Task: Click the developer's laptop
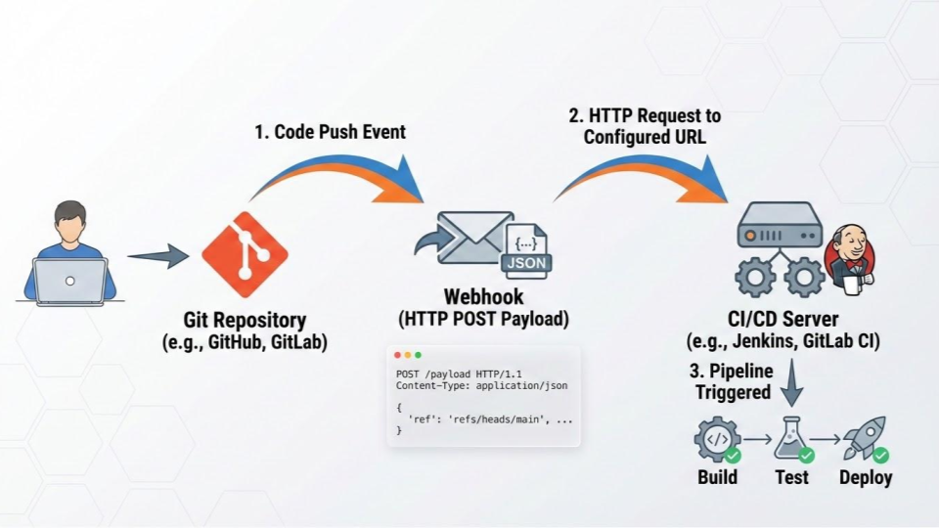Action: pos(69,281)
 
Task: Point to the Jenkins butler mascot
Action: pos(849,257)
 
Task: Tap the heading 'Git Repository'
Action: pos(245,320)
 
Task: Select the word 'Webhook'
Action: pos(483,296)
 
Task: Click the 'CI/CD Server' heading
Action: pos(782,319)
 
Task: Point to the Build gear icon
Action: pos(716,440)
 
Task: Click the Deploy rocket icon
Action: pos(865,438)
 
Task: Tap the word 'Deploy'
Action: pos(866,477)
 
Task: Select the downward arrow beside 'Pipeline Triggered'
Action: pos(792,384)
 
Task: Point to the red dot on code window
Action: pos(397,355)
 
